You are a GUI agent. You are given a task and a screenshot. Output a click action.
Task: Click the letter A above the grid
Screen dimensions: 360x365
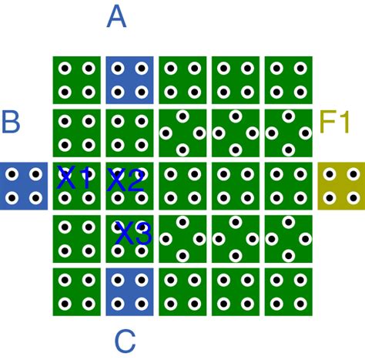click(116, 16)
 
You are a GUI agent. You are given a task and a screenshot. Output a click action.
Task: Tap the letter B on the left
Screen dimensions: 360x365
click(11, 123)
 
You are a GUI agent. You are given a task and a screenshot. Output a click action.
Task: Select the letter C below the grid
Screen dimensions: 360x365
click(126, 341)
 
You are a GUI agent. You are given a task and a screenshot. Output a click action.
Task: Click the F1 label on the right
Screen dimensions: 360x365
click(335, 123)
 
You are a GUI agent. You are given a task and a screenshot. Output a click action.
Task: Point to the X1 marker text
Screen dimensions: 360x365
click(75, 180)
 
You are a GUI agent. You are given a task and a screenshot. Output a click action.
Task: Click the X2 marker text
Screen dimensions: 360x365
click(125, 181)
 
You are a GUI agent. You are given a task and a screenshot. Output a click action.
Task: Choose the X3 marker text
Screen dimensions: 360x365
click(132, 234)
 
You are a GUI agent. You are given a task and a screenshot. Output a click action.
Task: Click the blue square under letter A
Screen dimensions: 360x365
click(129, 80)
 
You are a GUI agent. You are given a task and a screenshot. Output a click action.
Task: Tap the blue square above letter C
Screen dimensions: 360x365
click(129, 291)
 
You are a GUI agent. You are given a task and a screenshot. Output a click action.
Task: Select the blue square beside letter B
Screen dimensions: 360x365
click(24, 186)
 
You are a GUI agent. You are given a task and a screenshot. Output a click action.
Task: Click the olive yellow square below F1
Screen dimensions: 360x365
click(340, 186)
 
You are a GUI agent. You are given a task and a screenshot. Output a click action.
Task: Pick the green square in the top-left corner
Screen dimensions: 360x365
click(77, 80)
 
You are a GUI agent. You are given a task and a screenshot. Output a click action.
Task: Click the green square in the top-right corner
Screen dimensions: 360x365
click(288, 80)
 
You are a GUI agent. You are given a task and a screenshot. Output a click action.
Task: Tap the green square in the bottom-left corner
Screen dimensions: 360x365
click(77, 291)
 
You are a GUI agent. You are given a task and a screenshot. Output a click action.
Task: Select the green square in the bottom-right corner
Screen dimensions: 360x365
click(288, 291)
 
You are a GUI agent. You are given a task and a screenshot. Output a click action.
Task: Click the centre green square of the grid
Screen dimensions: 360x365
click(182, 186)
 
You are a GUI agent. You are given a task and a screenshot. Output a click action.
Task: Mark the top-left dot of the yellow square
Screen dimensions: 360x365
click(330, 175)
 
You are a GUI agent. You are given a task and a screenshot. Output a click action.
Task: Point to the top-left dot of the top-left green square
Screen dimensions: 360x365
click(65, 69)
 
